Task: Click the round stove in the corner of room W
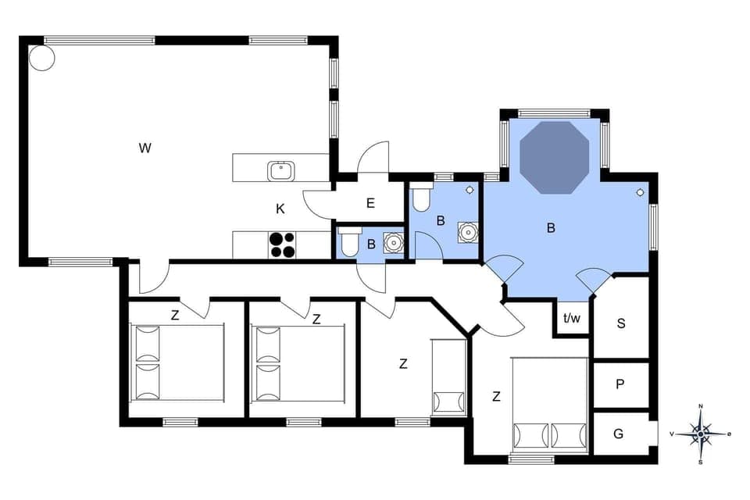41,58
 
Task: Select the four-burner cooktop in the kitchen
283,245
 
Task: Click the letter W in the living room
145,148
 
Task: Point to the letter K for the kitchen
280,209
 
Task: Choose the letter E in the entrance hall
370,203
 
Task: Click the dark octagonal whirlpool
554,156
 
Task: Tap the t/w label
572,318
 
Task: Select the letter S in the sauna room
621,323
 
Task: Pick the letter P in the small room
620,384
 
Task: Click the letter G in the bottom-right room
619,434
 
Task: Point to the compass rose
701,434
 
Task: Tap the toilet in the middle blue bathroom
420,199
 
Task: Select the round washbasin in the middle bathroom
467,231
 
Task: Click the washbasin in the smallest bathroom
393,243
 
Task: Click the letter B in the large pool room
551,228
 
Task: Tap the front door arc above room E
375,156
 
